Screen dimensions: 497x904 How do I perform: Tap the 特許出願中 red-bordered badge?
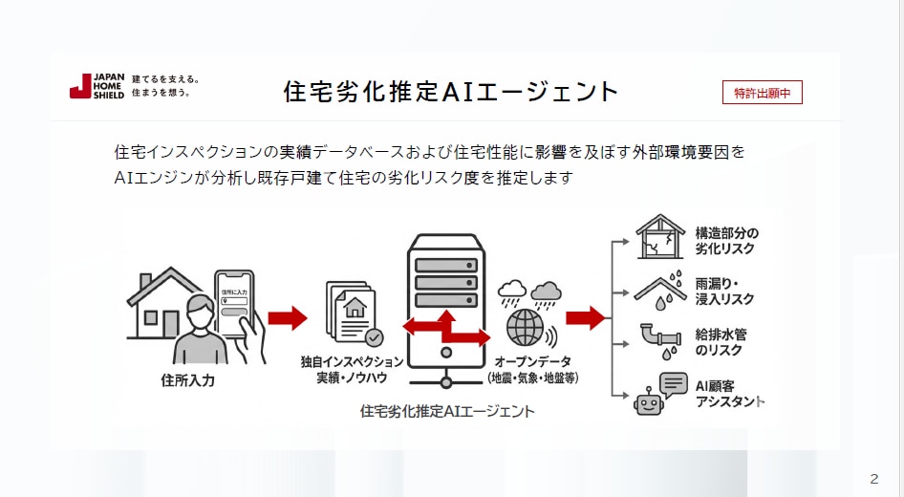pos(762,93)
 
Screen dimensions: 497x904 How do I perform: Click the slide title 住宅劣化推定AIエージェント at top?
pos(451,92)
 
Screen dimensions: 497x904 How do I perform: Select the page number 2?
pos(873,479)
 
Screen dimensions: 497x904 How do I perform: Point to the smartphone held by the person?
pos(234,303)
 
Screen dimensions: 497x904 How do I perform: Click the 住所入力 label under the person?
pos(188,380)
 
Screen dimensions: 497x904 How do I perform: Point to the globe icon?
pos(525,327)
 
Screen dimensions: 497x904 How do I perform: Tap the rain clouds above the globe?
pos(528,291)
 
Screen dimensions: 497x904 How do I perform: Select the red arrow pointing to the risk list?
pos(586,317)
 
